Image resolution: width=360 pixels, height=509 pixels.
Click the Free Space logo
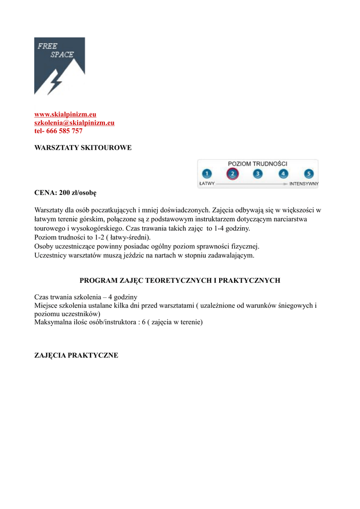click(x=59, y=66)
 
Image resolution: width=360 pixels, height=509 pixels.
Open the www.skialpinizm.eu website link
click(x=62, y=114)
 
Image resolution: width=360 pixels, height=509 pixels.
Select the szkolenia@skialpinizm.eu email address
click(x=74, y=122)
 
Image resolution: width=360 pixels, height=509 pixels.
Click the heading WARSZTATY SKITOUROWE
click(x=83, y=148)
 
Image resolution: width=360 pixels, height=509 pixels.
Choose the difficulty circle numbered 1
click(x=207, y=173)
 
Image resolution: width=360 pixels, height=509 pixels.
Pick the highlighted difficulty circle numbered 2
click(x=232, y=173)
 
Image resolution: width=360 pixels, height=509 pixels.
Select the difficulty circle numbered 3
click(x=258, y=173)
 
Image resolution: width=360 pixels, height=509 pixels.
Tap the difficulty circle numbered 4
click(x=283, y=173)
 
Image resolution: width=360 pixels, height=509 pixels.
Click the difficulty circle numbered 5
click(x=309, y=173)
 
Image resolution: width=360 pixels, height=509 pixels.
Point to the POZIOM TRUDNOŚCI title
click(x=258, y=163)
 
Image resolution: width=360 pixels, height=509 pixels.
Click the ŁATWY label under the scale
click(x=206, y=184)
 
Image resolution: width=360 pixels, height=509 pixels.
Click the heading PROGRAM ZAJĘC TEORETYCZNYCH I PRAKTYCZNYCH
click(x=180, y=280)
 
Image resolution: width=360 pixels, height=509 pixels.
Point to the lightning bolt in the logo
click(x=55, y=83)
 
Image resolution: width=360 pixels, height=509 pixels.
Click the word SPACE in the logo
click(x=62, y=55)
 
